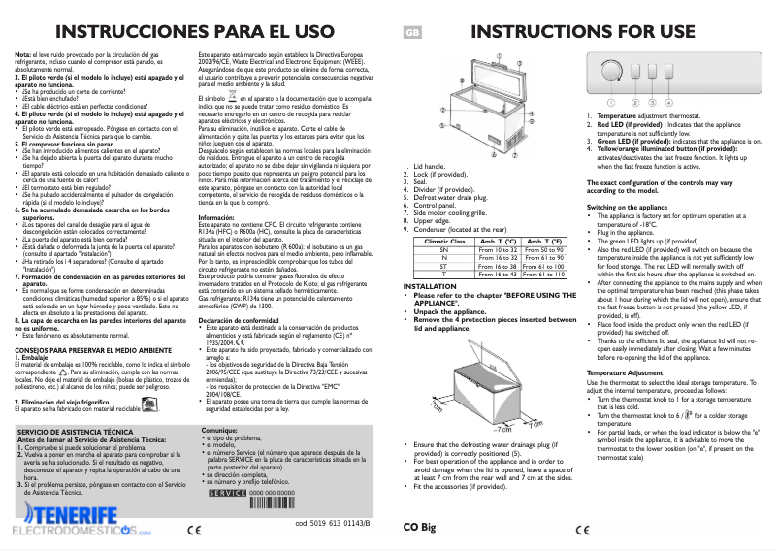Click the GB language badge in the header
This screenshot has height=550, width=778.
(411, 32)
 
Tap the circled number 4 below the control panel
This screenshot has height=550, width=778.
(668, 102)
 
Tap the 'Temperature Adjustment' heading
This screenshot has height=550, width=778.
(624, 372)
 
